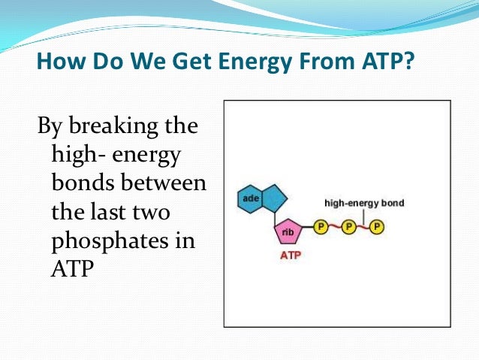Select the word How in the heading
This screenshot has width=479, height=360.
(x=60, y=59)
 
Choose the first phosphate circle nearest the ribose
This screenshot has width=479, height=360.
(x=321, y=225)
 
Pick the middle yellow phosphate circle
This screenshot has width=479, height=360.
(x=348, y=225)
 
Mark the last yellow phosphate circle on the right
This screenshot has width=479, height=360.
(x=376, y=225)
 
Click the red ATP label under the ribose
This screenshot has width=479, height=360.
(x=290, y=256)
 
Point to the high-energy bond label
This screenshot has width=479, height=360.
(x=363, y=204)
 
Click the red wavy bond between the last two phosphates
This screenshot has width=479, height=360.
(x=363, y=226)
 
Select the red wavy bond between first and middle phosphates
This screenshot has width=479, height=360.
(x=335, y=226)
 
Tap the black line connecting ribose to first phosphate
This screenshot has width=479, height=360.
(x=308, y=226)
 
